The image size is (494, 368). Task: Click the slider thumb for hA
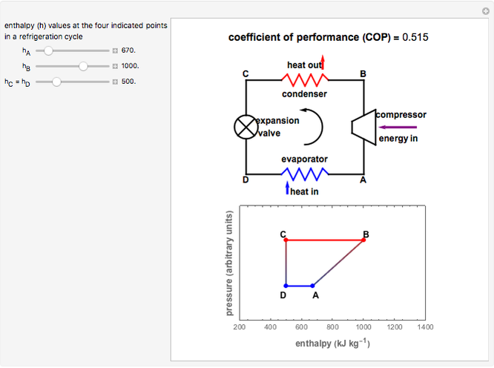[48, 50]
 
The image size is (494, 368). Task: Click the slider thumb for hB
[83, 66]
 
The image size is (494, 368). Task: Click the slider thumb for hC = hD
[56, 81]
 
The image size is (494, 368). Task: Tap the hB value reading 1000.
[131, 66]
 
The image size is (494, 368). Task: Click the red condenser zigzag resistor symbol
[304, 79]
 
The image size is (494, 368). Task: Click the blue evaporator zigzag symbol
[304, 174]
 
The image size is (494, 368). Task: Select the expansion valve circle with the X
[246, 127]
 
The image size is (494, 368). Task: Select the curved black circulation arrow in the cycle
[317, 125]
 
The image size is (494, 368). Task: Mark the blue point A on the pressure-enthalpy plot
[313, 285]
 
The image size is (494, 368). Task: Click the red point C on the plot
[286, 240]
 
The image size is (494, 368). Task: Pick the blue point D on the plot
[286, 285]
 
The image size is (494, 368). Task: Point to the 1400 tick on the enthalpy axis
[425, 326]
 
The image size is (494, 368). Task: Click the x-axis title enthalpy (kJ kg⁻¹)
[332, 344]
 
